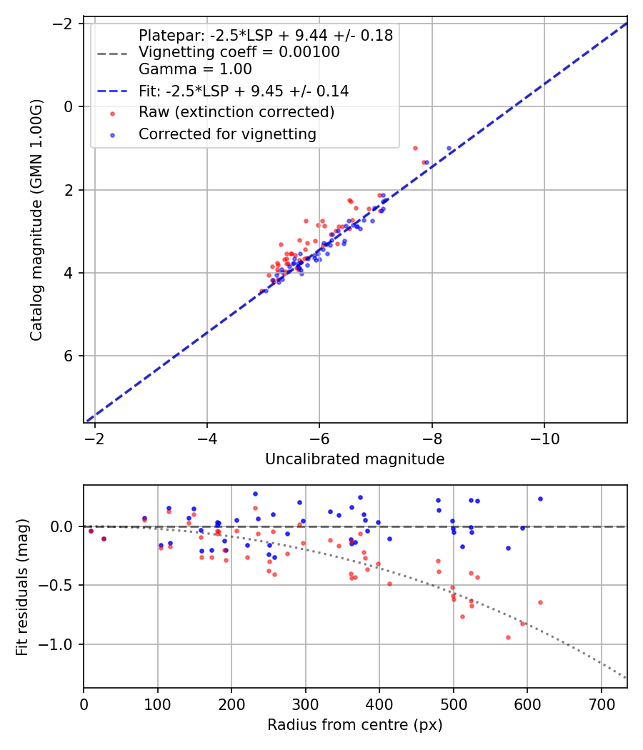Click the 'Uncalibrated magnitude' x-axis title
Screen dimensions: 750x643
coord(354,459)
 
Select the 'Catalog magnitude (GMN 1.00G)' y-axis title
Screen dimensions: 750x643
coord(36,220)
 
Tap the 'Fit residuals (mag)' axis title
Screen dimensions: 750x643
coord(22,586)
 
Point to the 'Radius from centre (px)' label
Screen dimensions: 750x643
coord(354,725)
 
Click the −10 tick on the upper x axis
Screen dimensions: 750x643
coord(544,436)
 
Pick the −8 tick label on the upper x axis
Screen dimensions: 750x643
coord(432,436)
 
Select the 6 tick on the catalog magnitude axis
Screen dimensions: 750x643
coord(70,356)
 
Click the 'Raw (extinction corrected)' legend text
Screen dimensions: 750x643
coord(236,112)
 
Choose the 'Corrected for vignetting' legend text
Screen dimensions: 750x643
coord(227,134)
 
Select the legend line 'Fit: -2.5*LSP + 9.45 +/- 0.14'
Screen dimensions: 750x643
coord(243,91)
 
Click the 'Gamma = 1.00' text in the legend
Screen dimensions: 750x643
coord(195,69)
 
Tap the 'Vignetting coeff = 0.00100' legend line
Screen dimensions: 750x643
coord(239,52)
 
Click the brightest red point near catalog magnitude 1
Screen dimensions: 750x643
coord(415,148)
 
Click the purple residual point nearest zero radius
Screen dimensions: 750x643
coord(91,531)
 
